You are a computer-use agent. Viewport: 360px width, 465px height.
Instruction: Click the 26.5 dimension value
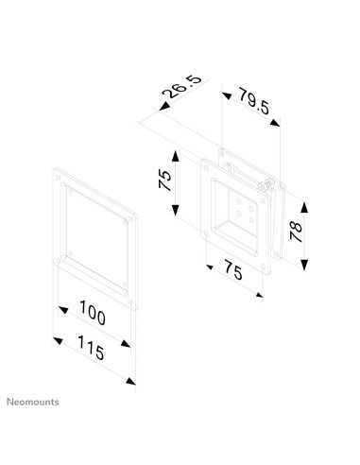click(x=180, y=95)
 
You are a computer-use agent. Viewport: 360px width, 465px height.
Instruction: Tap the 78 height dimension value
click(x=298, y=230)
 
